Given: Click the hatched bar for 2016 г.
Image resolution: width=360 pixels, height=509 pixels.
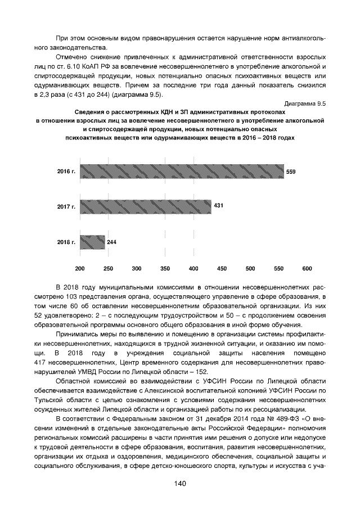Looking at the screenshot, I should pyautogui.click(x=182, y=172).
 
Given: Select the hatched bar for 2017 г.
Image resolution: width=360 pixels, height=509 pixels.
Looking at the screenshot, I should pyautogui.click(x=146, y=206).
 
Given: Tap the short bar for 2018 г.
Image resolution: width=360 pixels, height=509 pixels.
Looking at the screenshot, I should pyautogui.click(x=92, y=242).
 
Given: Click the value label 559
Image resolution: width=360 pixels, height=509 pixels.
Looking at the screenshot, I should pyautogui.click(x=291, y=172).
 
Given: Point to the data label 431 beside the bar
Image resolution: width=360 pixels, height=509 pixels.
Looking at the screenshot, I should pyautogui.click(x=219, y=206).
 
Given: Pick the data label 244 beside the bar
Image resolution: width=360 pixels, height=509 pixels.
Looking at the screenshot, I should pyautogui.click(x=112, y=242).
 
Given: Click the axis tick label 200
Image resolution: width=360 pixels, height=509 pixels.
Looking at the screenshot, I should pyautogui.click(x=80, y=268).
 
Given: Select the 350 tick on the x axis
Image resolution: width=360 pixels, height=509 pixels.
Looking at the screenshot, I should pyautogui.click(x=165, y=268).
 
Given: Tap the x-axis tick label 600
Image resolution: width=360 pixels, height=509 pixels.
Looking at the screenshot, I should pyautogui.click(x=307, y=268).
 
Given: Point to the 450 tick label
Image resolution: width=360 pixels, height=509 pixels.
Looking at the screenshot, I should pyautogui.click(x=222, y=268).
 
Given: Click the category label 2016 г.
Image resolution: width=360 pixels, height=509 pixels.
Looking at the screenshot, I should pyautogui.click(x=66, y=172).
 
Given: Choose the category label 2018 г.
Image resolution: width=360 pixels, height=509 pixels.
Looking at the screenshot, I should pyautogui.click(x=66, y=242).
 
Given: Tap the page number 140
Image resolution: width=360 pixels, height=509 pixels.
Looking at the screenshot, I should pyautogui.click(x=180, y=484).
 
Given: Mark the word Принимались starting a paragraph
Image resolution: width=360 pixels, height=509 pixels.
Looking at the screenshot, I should pyautogui.click(x=76, y=334).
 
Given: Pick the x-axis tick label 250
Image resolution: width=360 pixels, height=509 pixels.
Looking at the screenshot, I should pyautogui.click(x=109, y=268).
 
